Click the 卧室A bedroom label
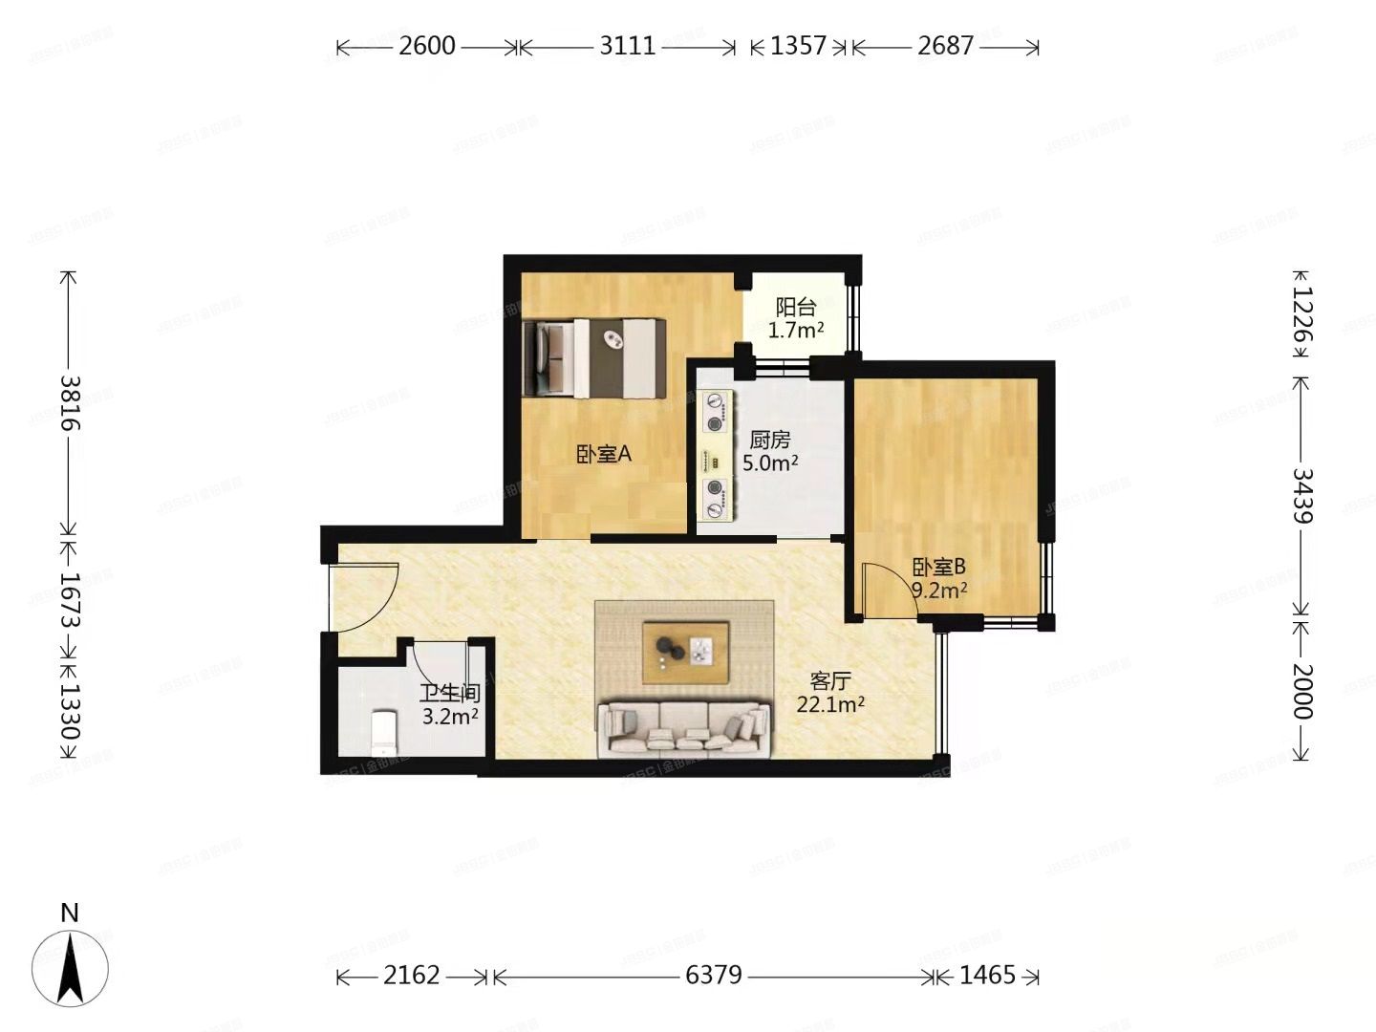point(603,454)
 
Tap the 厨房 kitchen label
point(769,440)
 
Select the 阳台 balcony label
point(795,307)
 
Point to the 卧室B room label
point(938,567)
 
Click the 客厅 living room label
point(829,680)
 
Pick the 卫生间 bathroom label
point(449,694)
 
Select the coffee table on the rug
point(686,653)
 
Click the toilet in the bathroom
point(383,730)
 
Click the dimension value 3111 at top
point(627,46)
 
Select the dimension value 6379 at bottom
point(714,975)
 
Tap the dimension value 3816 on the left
point(69,401)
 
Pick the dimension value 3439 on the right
point(1301,495)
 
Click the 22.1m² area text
point(830,705)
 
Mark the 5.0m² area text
point(770,463)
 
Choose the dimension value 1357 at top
point(798,46)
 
